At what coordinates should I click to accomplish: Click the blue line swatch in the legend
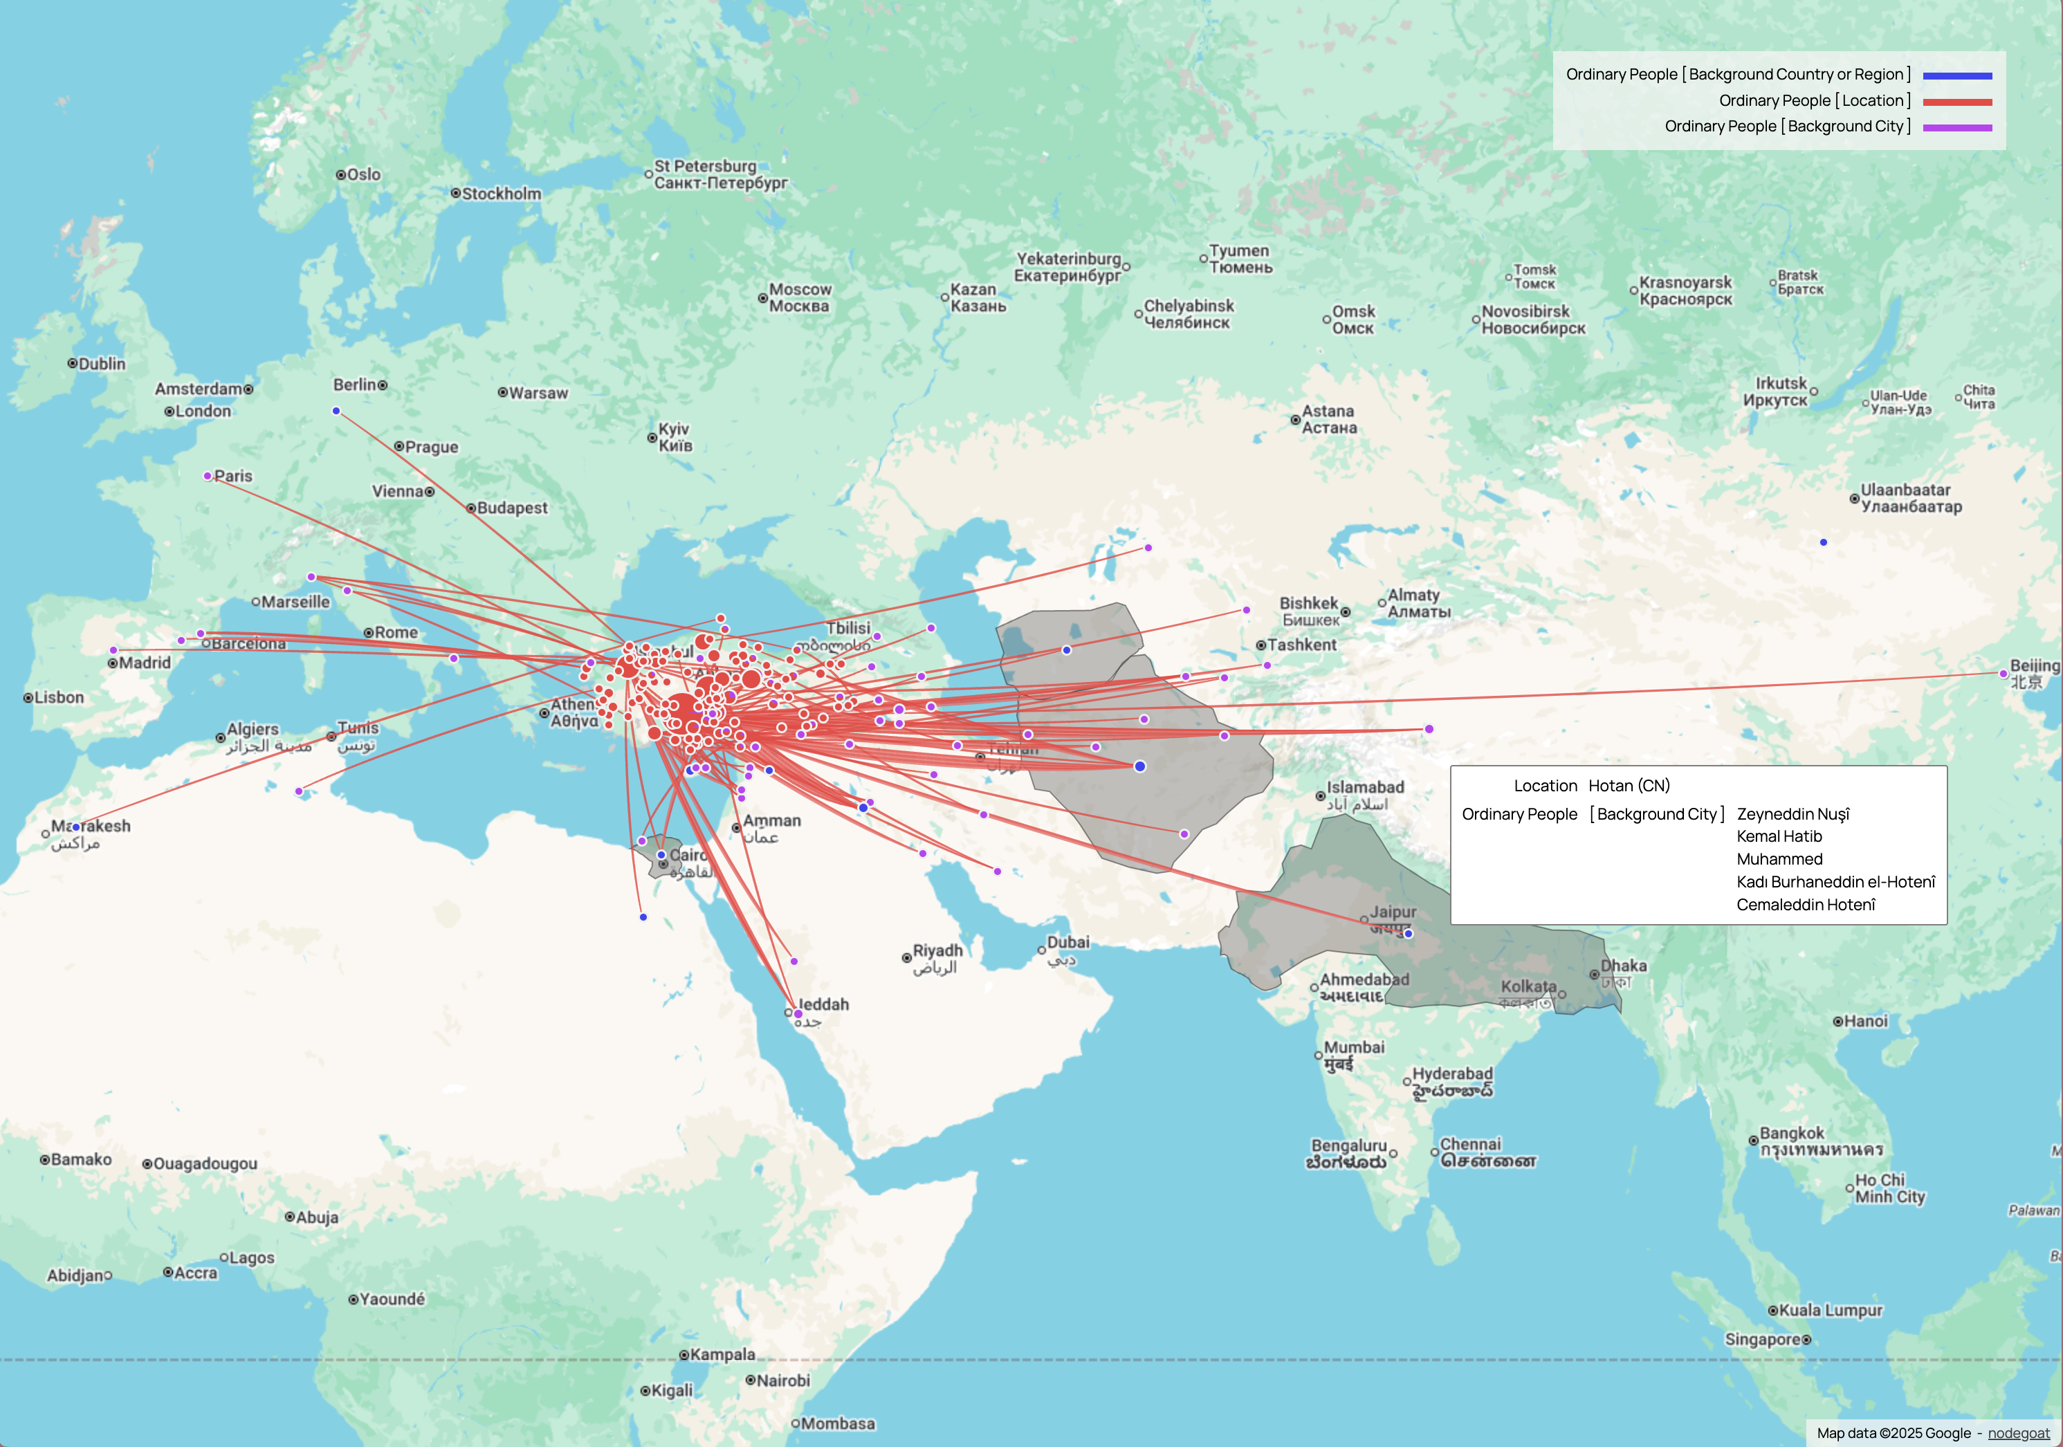[x=1957, y=76]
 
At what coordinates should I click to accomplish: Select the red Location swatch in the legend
[x=1957, y=102]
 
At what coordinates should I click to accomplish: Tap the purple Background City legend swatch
[x=1957, y=127]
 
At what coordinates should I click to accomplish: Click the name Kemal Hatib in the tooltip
[x=1779, y=836]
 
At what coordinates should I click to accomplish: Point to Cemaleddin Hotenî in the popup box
[x=1806, y=905]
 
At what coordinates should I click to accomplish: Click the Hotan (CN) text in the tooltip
[x=1629, y=786]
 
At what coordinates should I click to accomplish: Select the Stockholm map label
[x=502, y=194]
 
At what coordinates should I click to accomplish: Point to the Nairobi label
[x=782, y=1381]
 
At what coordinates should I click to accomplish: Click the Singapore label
[x=1762, y=1339]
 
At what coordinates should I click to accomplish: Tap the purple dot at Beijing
[x=2003, y=674]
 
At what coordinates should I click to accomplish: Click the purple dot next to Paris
[x=208, y=476]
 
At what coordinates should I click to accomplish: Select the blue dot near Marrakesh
[x=76, y=827]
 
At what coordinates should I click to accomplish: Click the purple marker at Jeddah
[x=798, y=1014]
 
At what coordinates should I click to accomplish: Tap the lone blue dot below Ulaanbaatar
[x=1823, y=542]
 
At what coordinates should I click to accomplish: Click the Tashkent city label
[x=1301, y=645]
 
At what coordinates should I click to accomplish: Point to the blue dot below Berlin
[x=336, y=412]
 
